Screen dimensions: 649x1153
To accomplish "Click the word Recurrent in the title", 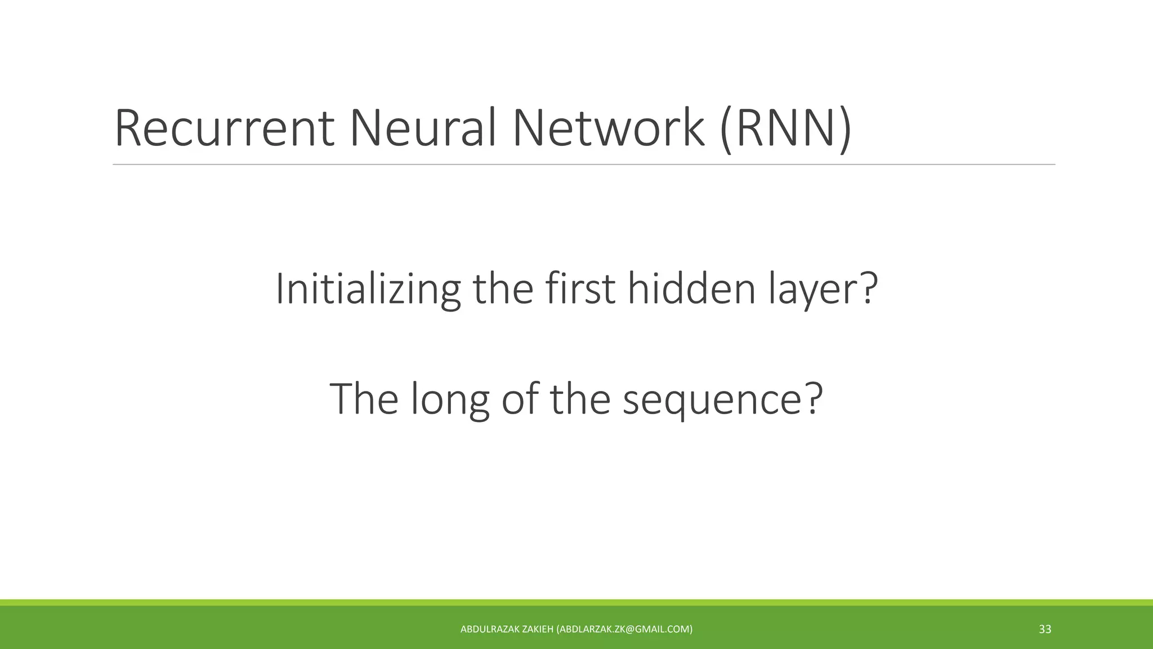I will [x=224, y=128].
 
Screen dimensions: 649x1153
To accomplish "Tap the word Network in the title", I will [x=607, y=128].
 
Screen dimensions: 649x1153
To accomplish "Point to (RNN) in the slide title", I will [x=785, y=130].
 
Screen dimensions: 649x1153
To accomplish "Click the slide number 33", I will [x=1045, y=629].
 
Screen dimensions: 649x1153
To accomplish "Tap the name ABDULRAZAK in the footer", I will [x=490, y=629].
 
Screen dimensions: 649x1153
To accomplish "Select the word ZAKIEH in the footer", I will [x=538, y=629].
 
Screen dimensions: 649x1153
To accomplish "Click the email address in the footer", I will [x=624, y=629].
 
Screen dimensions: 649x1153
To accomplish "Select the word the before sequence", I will [x=580, y=399].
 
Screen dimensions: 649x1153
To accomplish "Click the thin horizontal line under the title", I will [x=584, y=165].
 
